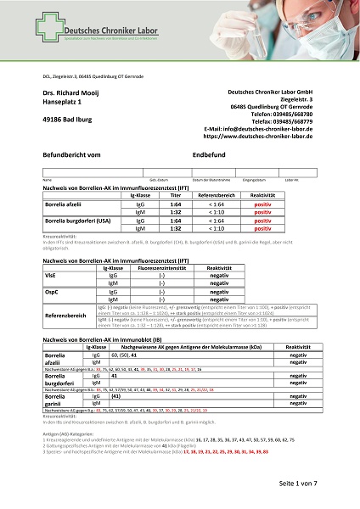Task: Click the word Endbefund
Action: pyautogui.click(x=209, y=155)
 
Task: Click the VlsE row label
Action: pyautogui.click(x=50, y=277)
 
